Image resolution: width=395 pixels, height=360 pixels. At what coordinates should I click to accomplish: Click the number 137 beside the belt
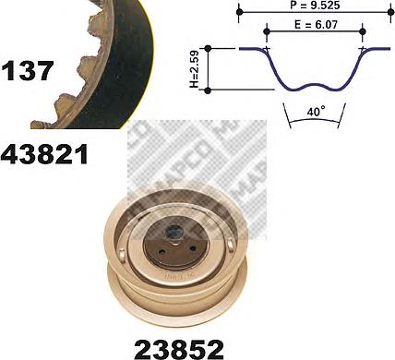pyautogui.click(x=28, y=71)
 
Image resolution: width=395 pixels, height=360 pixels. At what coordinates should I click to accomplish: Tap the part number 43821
pyautogui.click(x=44, y=154)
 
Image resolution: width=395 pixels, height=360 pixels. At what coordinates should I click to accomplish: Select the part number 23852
pyautogui.click(x=179, y=349)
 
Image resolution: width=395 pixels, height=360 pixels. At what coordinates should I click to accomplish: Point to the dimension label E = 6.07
pyautogui.click(x=316, y=24)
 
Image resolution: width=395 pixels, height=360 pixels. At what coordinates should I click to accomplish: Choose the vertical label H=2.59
pyautogui.click(x=195, y=69)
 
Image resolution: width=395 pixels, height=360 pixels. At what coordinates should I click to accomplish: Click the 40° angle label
pyautogui.click(x=316, y=112)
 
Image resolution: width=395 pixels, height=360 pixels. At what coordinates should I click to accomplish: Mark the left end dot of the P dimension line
pyautogui.click(x=240, y=12)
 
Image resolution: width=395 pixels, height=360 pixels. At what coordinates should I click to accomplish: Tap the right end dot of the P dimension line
pyautogui.click(x=390, y=12)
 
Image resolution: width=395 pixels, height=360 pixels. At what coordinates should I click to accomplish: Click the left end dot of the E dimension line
pyautogui.click(x=267, y=31)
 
